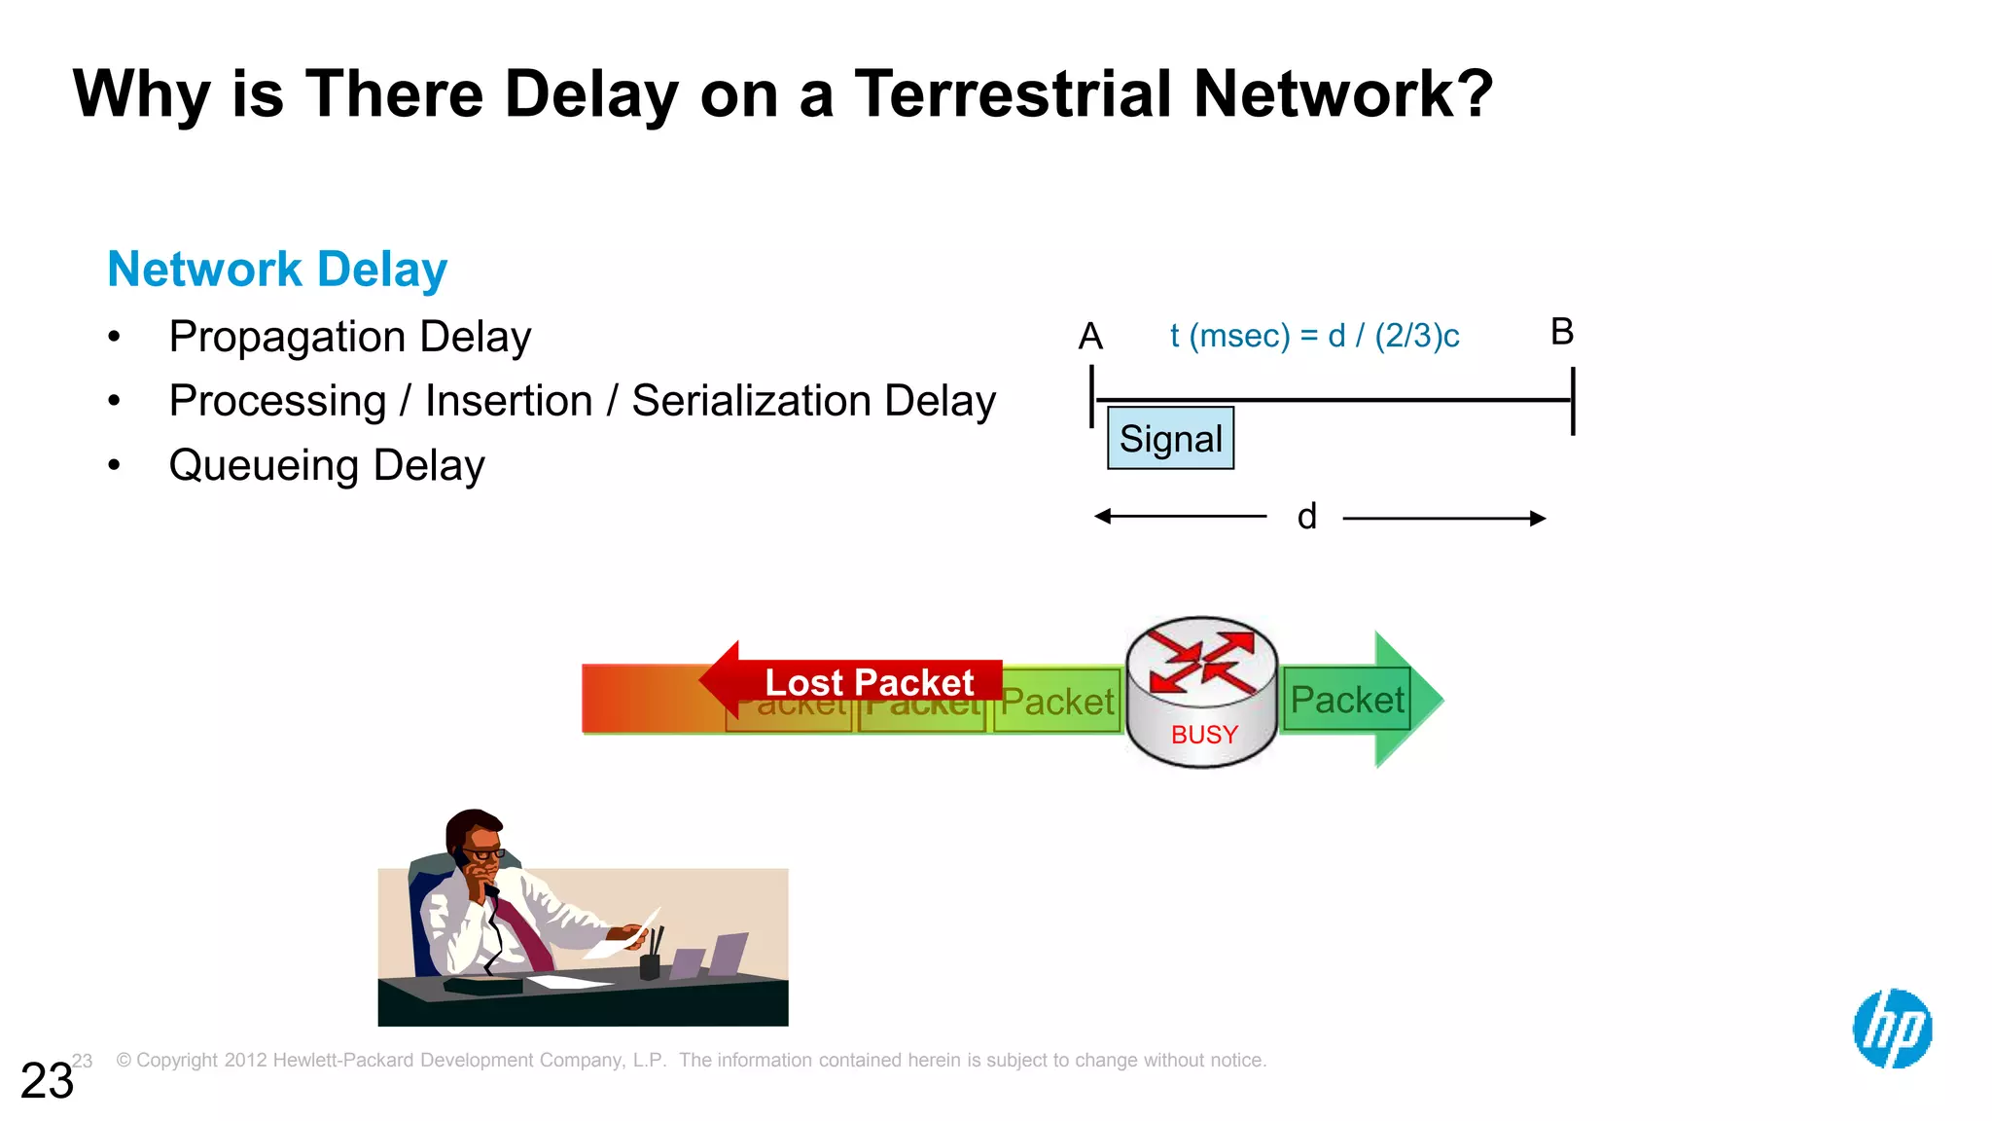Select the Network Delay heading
coord(277,270)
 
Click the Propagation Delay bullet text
coord(349,337)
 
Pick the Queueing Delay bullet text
coord(326,465)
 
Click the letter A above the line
coord(1090,337)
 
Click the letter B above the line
coord(1562,332)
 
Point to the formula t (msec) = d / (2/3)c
coord(1314,336)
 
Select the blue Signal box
coord(1170,439)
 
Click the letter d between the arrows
coord(1306,517)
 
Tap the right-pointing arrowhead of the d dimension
coord(1538,519)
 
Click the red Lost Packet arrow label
coord(868,681)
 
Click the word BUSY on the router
coord(1204,735)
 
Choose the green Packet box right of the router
coord(1346,700)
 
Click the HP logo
coord(1892,1029)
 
